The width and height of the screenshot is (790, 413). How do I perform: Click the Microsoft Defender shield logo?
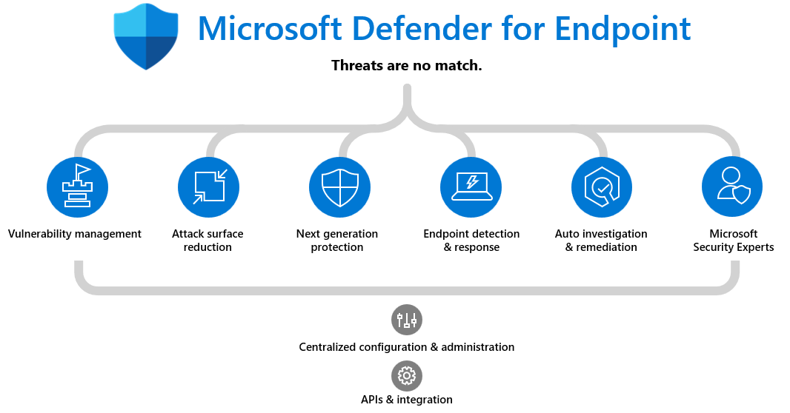coord(146,36)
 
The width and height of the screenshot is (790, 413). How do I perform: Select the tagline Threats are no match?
coord(407,65)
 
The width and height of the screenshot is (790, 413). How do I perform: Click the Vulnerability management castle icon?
coord(78,187)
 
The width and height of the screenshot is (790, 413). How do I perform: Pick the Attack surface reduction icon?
coord(209,187)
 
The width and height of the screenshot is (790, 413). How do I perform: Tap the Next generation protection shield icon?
coord(339,187)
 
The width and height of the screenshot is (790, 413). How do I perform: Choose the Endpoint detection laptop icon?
coord(471,187)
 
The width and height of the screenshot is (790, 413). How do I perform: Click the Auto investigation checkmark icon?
coord(602,187)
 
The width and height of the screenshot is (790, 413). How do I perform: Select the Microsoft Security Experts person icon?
coord(732,187)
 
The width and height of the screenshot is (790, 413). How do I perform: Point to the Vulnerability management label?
coord(75,234)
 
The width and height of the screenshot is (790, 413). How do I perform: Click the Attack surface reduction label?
coord(208,241)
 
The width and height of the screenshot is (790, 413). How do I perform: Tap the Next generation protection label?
coord(337,241)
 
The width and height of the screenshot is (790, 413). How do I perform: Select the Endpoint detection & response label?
coord(471,241)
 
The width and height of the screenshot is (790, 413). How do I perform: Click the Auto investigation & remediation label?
coord(601,241)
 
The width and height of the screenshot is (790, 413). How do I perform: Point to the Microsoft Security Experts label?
coord(734,241)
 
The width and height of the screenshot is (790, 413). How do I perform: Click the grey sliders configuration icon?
coord(407,320)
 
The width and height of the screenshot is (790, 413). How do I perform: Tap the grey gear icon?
coord(407,375)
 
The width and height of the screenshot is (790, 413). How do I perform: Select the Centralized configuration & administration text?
coord(407,346)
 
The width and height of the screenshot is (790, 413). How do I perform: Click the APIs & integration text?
coord(407,400)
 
